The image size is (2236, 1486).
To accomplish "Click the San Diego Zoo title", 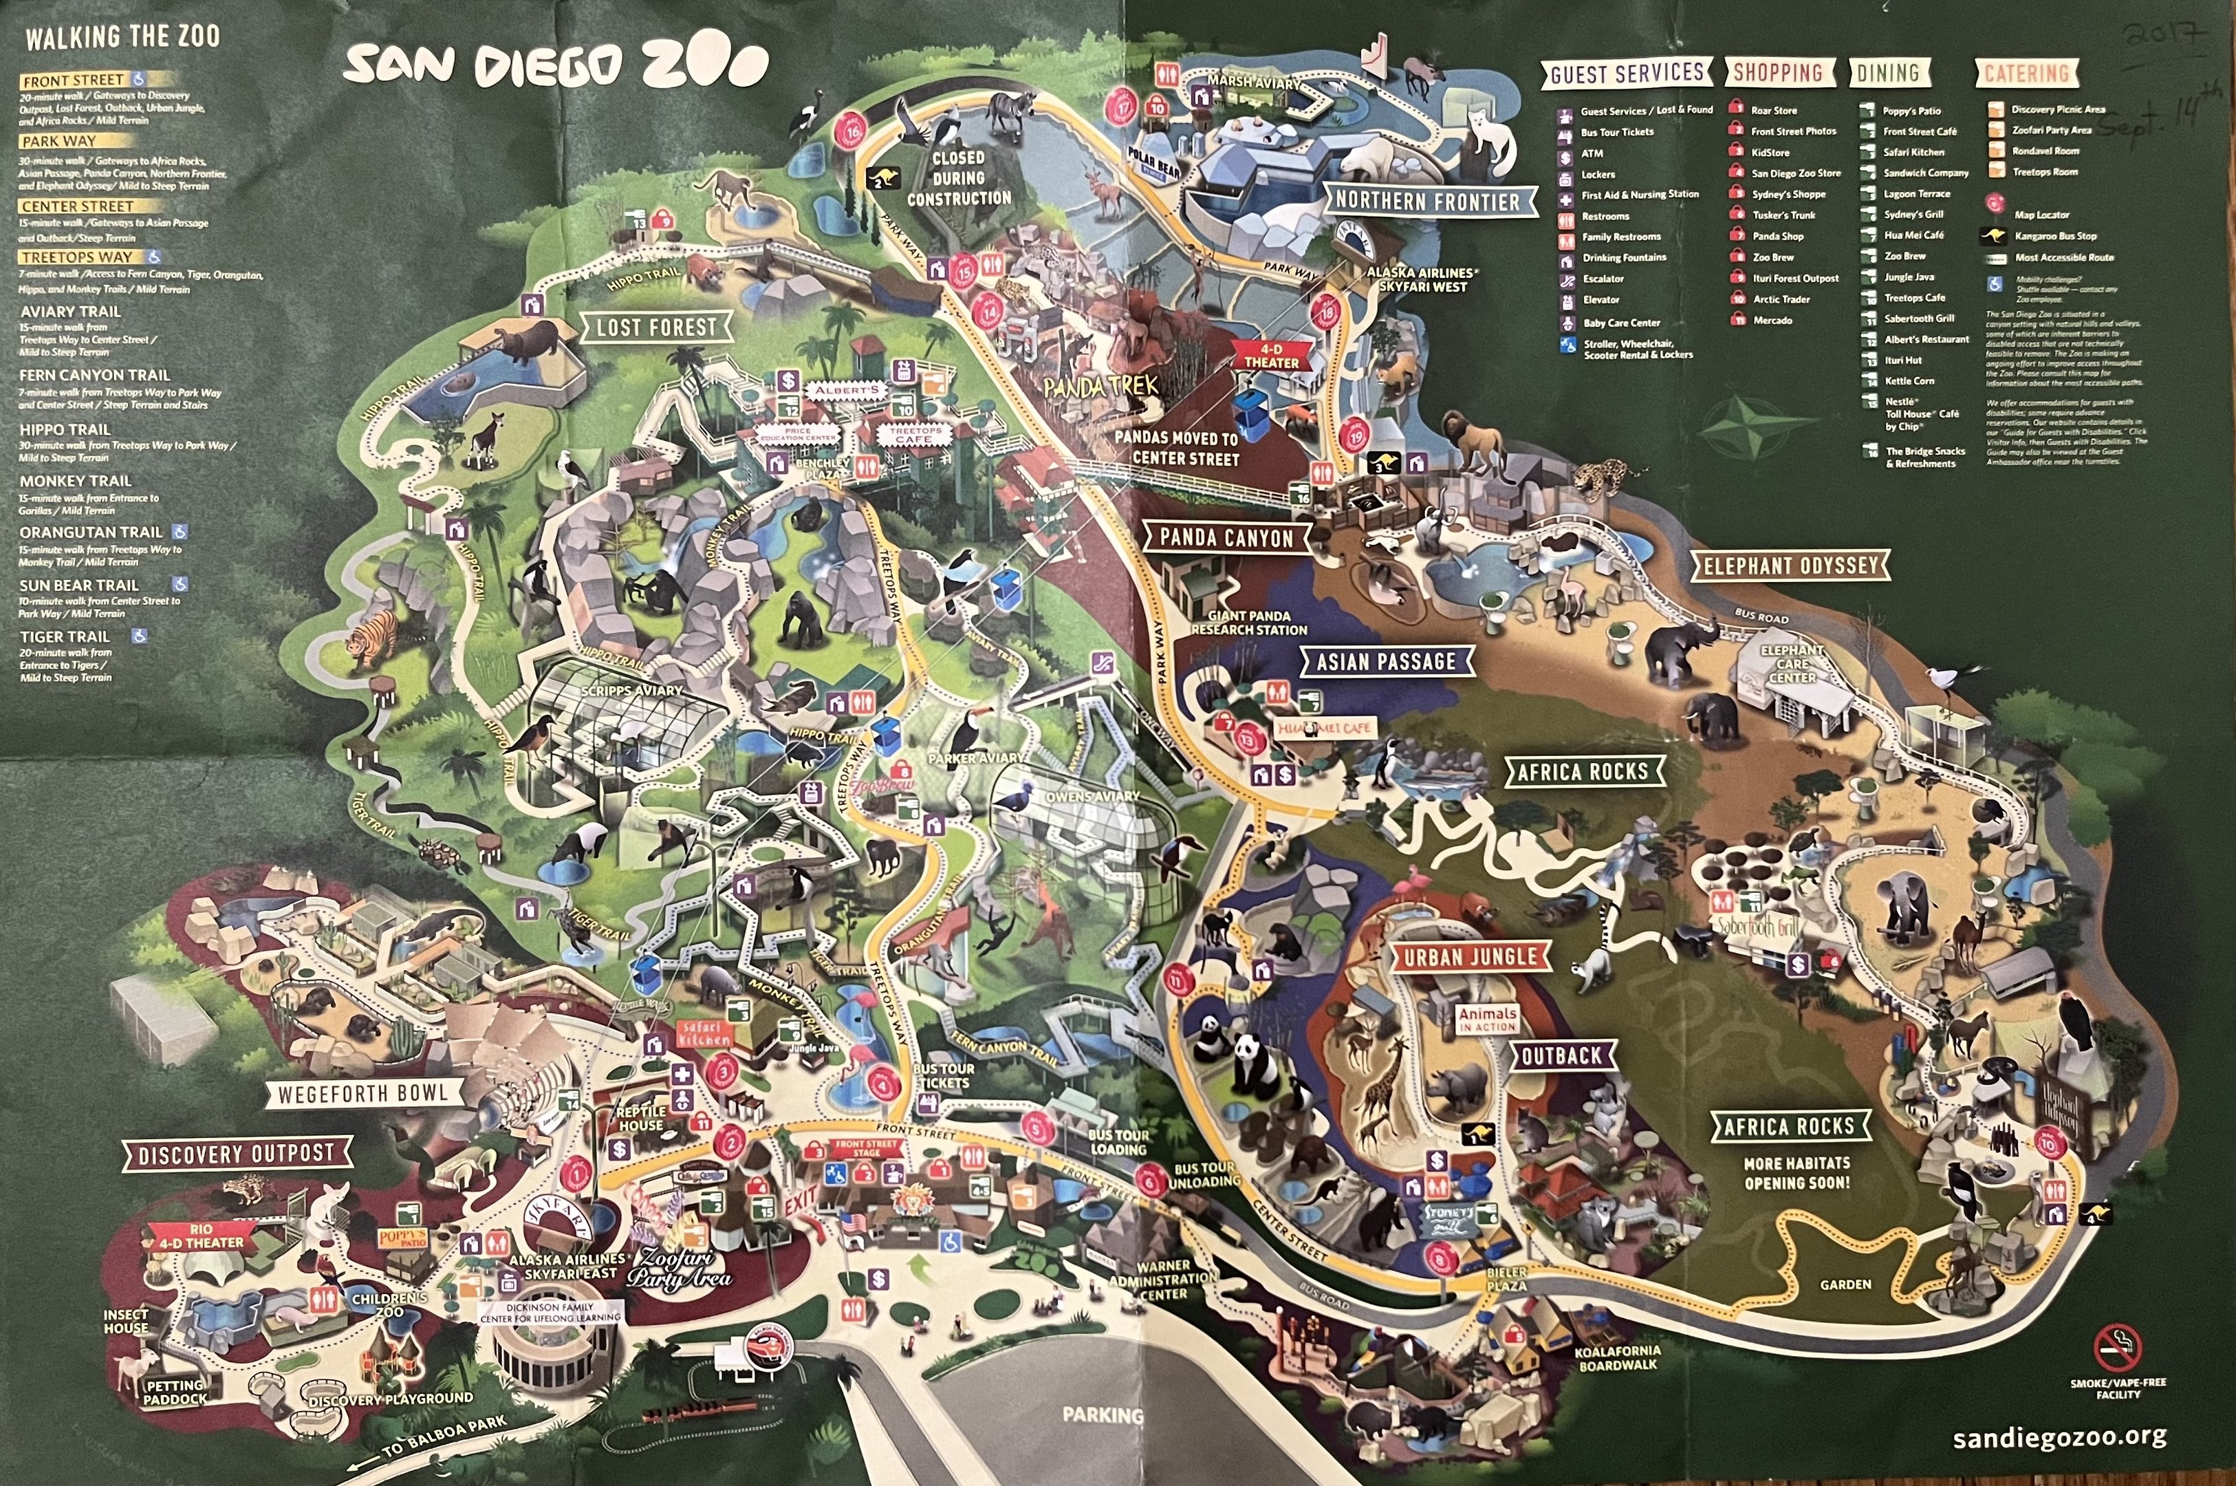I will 556,65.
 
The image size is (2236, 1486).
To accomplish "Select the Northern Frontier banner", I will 1427,201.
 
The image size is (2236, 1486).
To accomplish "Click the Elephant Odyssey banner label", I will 1790,566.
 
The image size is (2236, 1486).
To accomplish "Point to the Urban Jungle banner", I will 1470,957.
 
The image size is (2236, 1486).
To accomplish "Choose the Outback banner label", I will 1561,1055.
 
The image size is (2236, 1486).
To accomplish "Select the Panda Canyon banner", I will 1226,538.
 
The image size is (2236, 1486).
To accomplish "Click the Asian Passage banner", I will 1386,662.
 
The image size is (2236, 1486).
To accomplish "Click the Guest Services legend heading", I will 1627,73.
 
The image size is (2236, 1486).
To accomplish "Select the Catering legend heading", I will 2027,73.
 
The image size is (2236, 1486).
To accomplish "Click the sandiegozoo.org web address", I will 2059,1436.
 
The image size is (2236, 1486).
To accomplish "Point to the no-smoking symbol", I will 2118,1347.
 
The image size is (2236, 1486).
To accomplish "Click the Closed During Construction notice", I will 959,178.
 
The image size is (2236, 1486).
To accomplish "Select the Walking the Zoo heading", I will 122,38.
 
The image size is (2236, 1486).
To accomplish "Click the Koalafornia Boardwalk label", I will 1618,1358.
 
